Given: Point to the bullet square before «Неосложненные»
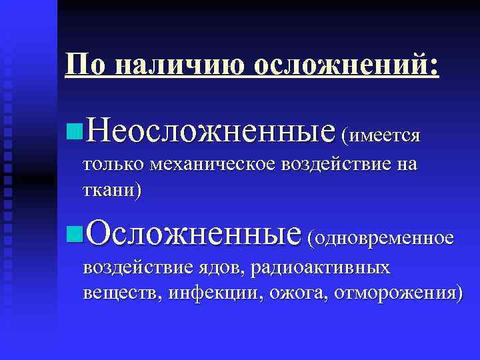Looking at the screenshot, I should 74,128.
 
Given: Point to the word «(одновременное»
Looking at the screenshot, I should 381,237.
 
